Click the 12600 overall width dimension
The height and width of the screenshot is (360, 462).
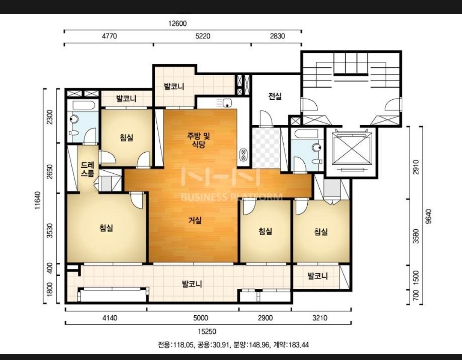pos(177,23)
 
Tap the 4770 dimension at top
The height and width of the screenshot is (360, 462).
pos(109,36)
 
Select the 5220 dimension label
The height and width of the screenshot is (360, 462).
pos(203,36)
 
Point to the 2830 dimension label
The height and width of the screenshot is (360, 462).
pos(278,36)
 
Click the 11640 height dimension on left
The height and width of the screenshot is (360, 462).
pos(38,200)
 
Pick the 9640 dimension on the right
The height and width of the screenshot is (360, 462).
pos(429,216)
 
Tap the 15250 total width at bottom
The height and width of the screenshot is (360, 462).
pos(207,332)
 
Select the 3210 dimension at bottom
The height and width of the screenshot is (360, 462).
pos(320,318)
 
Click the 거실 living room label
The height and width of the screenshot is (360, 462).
pos(195,220)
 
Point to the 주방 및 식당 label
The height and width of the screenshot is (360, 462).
pos(199,140)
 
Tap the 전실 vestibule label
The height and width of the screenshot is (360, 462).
pos(275,96)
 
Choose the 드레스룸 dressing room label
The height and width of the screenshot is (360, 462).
pos(88,169)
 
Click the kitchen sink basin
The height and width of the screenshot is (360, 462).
pos(227,103)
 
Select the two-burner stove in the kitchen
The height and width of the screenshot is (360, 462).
pos(243,155)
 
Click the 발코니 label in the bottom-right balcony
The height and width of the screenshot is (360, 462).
pos(318,276)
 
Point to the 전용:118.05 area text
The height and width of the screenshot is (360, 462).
pos(176,345)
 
